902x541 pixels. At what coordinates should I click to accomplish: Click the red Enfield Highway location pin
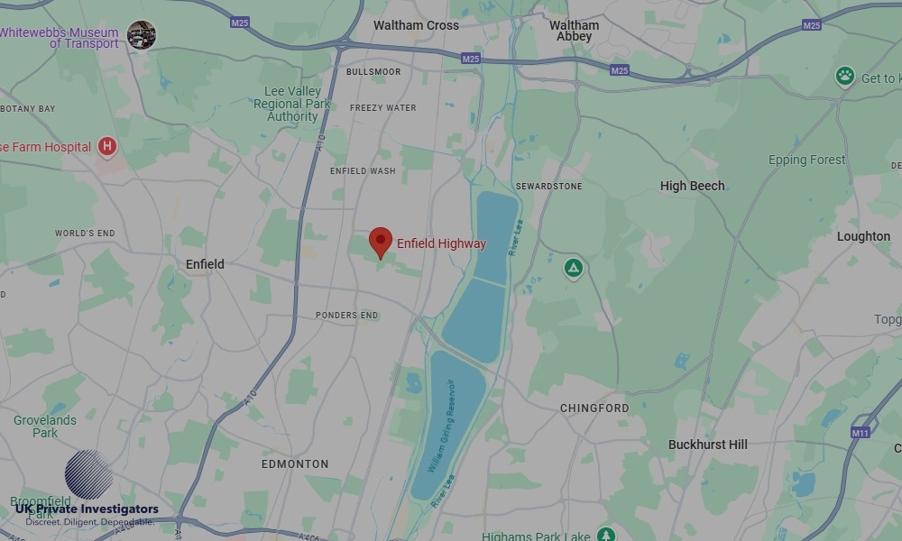[x=381, y=242]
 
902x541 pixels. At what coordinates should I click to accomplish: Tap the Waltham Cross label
[x=416, y=25]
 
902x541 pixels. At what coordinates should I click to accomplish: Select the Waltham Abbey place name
[x=575, y=31]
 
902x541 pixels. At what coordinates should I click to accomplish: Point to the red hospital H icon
[x=107, y=145]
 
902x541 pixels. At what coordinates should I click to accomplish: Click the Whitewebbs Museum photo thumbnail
[x=141, y=34]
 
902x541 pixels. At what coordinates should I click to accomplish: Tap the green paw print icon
[x=844, y=76]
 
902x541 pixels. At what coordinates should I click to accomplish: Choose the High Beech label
[x=692, y=186]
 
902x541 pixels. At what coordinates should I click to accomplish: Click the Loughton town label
[x=863, y=236]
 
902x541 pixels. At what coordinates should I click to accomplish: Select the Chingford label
[x=594, y=408]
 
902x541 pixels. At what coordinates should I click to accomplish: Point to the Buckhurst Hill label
[x=708, y=445]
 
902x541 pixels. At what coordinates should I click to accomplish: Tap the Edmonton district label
[x=295, y=463]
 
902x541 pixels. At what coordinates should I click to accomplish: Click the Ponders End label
[x=347, y=316]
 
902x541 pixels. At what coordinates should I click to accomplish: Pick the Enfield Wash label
[x=363, y=170]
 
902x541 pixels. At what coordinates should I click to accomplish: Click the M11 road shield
[x=861, y=433]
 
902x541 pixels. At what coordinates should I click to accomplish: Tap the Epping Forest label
[x=806, y=160]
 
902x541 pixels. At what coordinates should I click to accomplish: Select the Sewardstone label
[x=548, y=186]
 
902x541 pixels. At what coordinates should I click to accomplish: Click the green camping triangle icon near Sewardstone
[x=573, y=268]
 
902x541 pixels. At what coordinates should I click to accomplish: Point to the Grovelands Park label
[x=45, y=426]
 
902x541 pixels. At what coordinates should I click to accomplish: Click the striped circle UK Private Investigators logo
[x=88, y=474]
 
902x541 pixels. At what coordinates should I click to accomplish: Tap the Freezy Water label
[x=382, y=108]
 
